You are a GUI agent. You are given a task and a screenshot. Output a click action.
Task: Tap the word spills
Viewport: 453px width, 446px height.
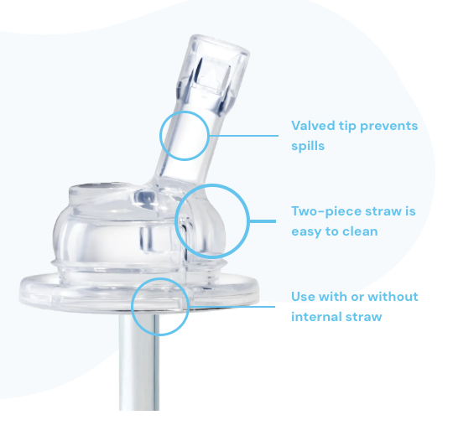(308, 146)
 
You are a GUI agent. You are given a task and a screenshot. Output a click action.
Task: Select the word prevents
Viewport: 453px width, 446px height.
(389, 127)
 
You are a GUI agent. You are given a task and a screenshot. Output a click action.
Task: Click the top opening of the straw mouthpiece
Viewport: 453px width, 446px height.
(221, 45)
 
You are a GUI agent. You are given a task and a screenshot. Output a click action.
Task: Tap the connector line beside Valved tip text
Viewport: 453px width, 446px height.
(244, 135)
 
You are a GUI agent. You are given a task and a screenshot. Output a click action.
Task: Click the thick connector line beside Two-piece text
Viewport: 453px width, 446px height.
(263, 221)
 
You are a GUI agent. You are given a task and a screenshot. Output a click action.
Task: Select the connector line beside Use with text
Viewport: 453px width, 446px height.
(232, 307)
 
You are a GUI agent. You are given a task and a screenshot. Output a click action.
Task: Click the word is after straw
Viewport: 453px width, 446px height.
(410, 211)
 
